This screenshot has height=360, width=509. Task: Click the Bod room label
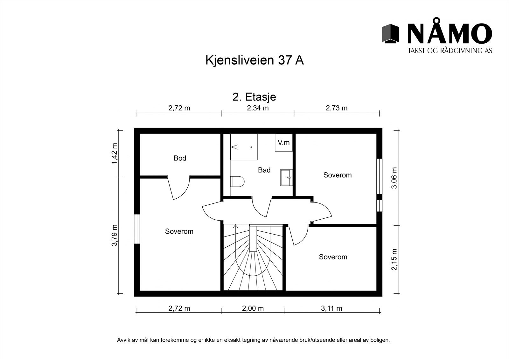coord(180,158)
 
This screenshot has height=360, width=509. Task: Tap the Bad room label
coord(264,170)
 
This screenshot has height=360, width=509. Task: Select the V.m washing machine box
coord(283,143)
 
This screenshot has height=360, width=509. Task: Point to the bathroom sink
coord(286,177)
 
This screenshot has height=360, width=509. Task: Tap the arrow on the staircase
coord(235,227)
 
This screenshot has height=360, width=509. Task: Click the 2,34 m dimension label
coord(258,108)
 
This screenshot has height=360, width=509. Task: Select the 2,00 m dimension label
coord(253,308)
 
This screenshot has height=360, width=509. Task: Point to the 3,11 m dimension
coord(331,308)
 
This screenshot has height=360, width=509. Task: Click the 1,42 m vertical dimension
coord(114,153)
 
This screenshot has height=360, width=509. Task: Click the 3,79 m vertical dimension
coord(114,235)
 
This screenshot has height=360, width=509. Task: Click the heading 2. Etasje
coord(254,97)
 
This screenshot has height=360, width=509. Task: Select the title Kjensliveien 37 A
coord(254,60)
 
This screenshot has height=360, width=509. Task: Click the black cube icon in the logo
coord(390,33)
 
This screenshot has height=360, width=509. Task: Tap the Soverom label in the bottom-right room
coord(333,257)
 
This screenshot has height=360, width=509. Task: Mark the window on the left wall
coord(137,229)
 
